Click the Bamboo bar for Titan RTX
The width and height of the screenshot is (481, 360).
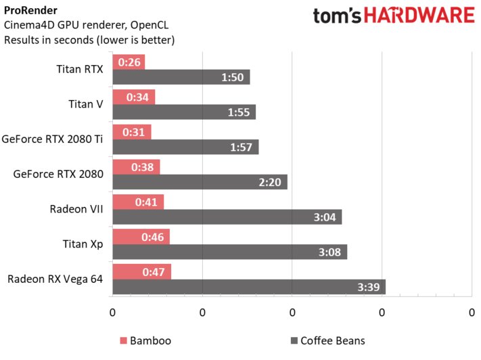click(129, 62)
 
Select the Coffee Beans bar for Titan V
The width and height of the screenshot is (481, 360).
click(183, 112)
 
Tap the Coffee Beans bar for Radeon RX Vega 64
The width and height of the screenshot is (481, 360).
click(248, 287)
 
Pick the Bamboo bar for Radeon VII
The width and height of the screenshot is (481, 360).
click(138, 202)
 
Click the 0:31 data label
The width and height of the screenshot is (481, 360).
click(134, 132)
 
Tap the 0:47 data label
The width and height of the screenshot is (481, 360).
click(154, 272)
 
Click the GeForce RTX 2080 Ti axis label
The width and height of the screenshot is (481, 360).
click(53, 139)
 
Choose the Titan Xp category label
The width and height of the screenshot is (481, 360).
click(86, 244)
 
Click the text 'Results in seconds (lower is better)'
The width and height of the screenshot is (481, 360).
click(89, 40)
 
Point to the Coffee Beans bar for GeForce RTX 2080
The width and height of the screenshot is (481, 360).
click(200, 182)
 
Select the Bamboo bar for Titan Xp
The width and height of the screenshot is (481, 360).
click(141, 237)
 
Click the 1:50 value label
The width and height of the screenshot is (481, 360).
click(234, 77)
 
